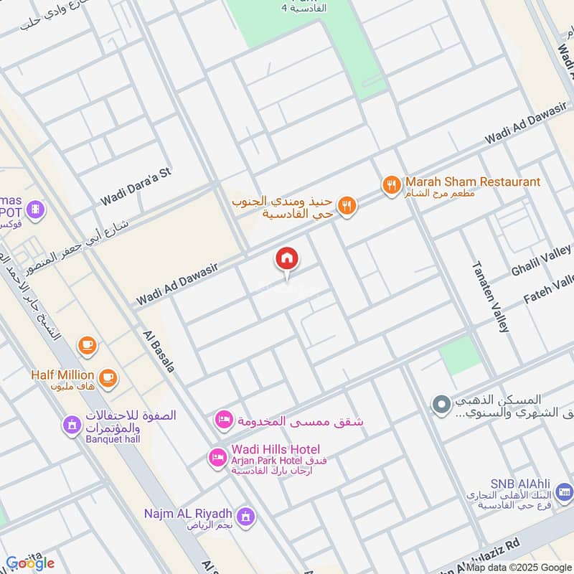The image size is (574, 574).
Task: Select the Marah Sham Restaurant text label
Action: (x=472, y=182)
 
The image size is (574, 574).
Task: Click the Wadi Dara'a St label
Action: (x=136, y=184)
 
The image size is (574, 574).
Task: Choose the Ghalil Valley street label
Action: (x=542, y=260)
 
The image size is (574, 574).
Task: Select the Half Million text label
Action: (x=62, y=375)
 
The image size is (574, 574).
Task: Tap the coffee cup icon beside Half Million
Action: (x=108, y=377)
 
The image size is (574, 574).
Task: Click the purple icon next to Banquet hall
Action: (x=71, y=425)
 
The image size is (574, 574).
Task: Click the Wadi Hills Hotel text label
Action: (x=276, y=450)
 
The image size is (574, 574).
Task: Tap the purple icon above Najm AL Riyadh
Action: (x=246, y=516)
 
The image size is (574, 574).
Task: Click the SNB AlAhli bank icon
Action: (x=564, y=492)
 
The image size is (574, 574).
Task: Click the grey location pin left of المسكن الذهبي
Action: (x=439, y=405)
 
